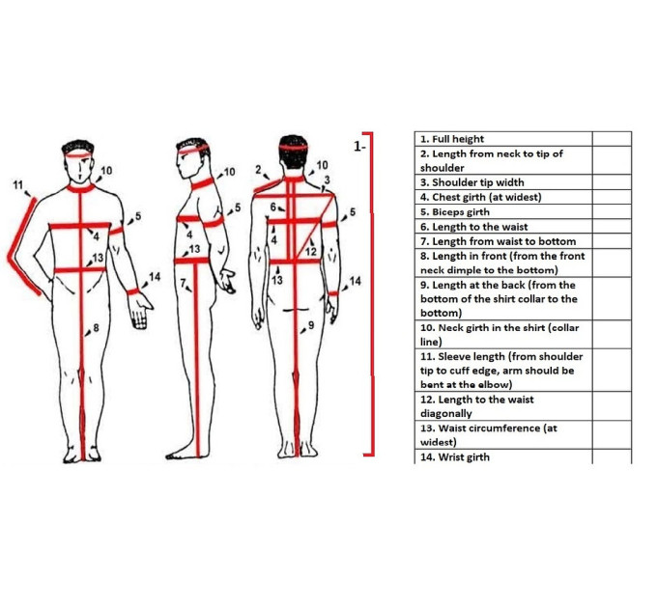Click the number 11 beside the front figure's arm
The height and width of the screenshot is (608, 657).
pyautogui.click(x=17, y=184)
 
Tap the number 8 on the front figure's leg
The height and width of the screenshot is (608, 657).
pyautogui.click(x=96, y=327)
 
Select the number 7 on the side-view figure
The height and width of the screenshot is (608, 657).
pyautogui.click(x=183, y=283)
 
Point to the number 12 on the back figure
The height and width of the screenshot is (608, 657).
pyautogui.click(x=310, y=252)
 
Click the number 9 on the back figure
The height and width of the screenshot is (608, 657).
pyautogui.click(x=311, y=325)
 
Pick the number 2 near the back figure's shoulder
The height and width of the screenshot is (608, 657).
pyautogui.click(x=259, y=170)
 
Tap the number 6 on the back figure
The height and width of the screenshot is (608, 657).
pyautogui.click(x=272, y=207)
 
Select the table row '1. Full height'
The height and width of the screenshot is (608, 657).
pyautogui.click(x=503, y=139)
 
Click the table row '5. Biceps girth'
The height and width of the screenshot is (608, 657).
pyautogui.click(x=503, y=211)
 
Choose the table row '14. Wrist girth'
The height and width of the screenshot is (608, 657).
pyautogui.click(x=503, y=456)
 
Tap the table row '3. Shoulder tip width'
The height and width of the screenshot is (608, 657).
pyautogui.click(x=503, y=182)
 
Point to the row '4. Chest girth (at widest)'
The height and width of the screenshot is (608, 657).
pyautogui.click(x=503, y=197)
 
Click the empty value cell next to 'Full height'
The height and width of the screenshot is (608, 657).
pyautogui.click(x=612, y=139)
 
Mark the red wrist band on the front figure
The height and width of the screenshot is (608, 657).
pyautogui.click(x=133, y=291)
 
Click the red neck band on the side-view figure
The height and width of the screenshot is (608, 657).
pyautogui.click(x=202, y=182)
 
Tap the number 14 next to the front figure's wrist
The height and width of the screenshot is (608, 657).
pyautogui.click(x=155, y=277)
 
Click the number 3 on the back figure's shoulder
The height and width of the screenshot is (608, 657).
pyautogui.click(x=328, y=180)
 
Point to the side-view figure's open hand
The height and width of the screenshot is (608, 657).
pyautogui.click(x=226, y=281)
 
